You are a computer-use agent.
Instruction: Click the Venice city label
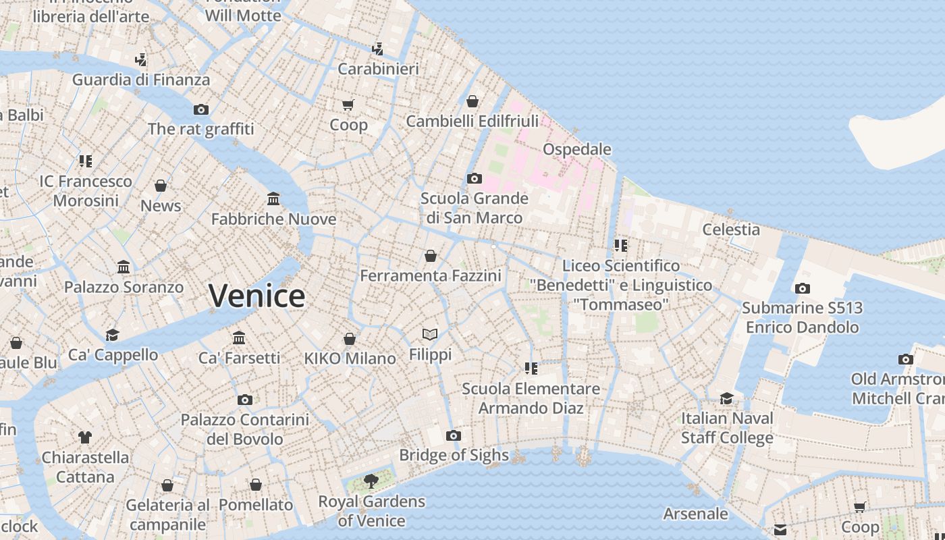click(256, 296)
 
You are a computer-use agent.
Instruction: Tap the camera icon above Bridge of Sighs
click(454, 435)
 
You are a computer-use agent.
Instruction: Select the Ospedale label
click(577, 149)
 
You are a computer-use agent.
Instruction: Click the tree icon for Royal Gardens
click(371, 481)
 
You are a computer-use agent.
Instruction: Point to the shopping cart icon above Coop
click(348, 105)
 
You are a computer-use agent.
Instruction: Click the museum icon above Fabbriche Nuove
click(273, 198)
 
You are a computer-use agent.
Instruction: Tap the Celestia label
click(731, 230)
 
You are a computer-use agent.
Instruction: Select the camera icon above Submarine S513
click(802, 288)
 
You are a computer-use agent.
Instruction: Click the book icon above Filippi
click(430, 334)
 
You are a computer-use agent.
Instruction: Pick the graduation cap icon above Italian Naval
click(726, 398)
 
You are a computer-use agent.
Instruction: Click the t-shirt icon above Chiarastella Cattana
click(84, 437)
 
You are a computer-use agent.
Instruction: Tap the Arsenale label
click(695, 514)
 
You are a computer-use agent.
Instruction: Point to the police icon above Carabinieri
click(378, 49)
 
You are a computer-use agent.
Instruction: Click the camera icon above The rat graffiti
click(200, 109)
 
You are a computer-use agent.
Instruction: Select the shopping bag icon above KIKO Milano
click(350, 339)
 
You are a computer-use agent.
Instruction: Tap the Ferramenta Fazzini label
click(431, 276)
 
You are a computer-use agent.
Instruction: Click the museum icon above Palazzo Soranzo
click(124, 267)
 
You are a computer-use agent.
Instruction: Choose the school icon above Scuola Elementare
click(531, 368)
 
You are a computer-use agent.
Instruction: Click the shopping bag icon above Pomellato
click(256, 485)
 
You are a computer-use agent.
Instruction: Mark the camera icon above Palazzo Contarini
click(245, 400)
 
